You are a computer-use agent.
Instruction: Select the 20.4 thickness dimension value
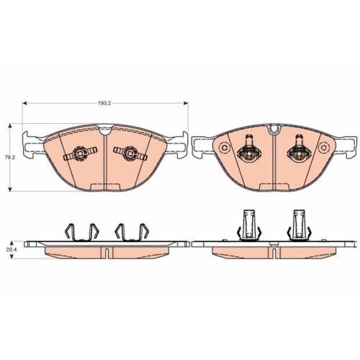coord(9,249)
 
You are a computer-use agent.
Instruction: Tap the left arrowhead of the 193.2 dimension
coord(24,103)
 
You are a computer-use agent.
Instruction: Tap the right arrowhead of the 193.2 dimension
coord(186,103)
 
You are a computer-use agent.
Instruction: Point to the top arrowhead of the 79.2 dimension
coord(10,126)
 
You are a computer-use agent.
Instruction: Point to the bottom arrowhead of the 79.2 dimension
coord(10,189)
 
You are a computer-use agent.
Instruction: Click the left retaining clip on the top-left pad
coord(80,153)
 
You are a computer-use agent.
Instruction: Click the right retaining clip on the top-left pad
coord(130,153)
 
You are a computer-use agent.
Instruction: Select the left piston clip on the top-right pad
coord(249,149)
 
